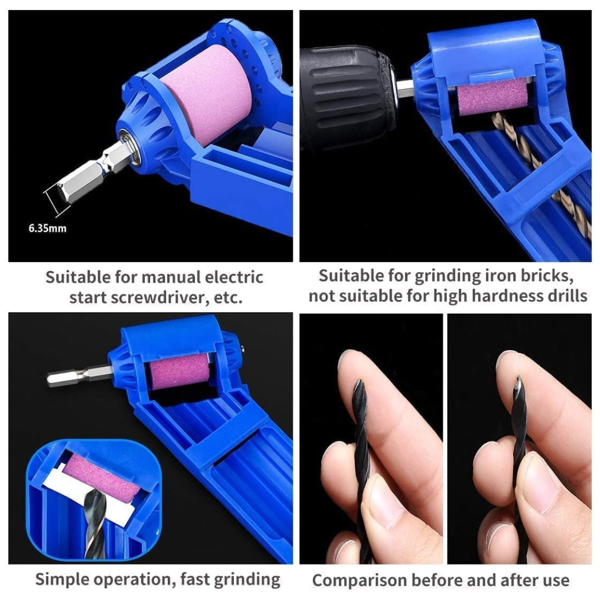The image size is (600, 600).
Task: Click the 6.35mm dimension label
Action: point(48,228)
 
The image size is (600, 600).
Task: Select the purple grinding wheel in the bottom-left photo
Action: point(179,371)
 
